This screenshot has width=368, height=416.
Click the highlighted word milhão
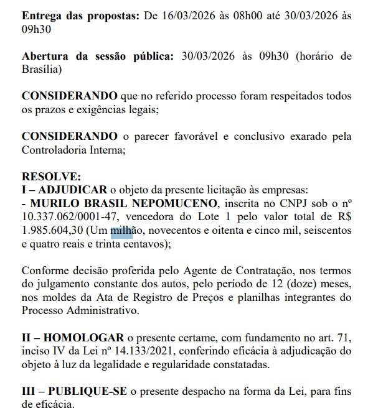[x=127, y=231]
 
